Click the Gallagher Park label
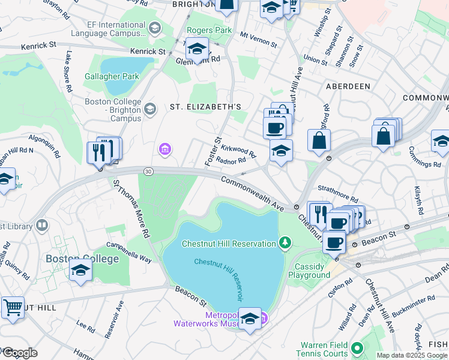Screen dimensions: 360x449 pyautogui.click(x=112, y=76)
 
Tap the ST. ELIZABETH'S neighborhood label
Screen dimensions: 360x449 pyautogui.click(x=205, y=107)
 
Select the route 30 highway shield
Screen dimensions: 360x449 pyautogui.click(x=148, y=172)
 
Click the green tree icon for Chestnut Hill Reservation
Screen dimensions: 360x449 pyautogui.click(x=286, y=243)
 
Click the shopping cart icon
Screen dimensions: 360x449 pyautogui.click(x=12, y=307)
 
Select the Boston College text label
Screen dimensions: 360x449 pyautogui.click(x=74, y=259)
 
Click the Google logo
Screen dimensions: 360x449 pyautogui.click(x=19, y=353)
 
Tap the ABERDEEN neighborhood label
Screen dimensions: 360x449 pyautogui.click(x=348, y=86)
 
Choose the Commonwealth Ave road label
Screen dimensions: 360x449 pyautogui.click(x=252, y=192)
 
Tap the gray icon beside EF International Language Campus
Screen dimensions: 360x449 pyautogui.click(x=154, y=28)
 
